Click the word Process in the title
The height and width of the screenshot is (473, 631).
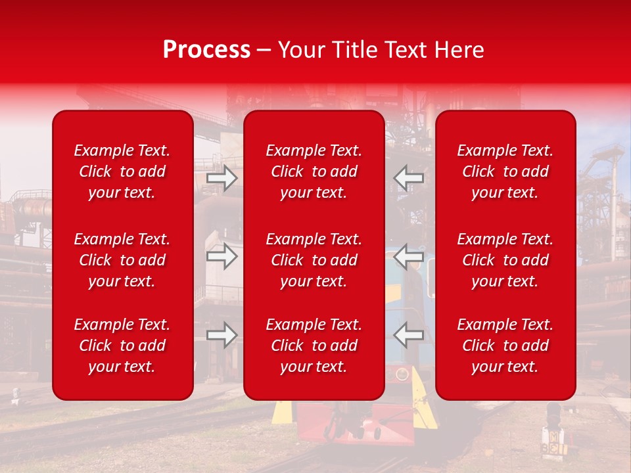tap(206, 50)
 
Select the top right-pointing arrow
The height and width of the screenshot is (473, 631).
tap(222, 178)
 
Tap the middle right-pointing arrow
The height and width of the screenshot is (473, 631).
tap(222, 256)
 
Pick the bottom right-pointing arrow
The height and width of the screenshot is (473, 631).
tap(222, 335)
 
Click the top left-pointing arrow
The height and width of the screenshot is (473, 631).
tap(409, 177)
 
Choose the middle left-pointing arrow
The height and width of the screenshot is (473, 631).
tap(409, 256)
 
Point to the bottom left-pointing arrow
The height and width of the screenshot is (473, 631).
tap(409, 335)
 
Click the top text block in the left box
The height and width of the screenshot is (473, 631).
tap(122, 171)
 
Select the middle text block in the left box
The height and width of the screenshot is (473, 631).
tap(122, 260)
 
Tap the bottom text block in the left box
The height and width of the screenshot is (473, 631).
tap(122, 346)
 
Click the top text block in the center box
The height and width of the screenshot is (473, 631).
tap(314, 171)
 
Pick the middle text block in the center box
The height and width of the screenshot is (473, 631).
tap(314, 260)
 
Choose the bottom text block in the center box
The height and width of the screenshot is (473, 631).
tap(314, 346)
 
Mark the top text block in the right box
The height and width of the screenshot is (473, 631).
tap(505, 171)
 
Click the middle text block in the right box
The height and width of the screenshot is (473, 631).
tap(505, 260)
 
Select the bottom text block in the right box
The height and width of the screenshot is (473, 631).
tap(505, 346)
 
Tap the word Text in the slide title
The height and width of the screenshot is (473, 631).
tap(406, 50)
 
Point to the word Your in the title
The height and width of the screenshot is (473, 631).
tap(301, 50)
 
